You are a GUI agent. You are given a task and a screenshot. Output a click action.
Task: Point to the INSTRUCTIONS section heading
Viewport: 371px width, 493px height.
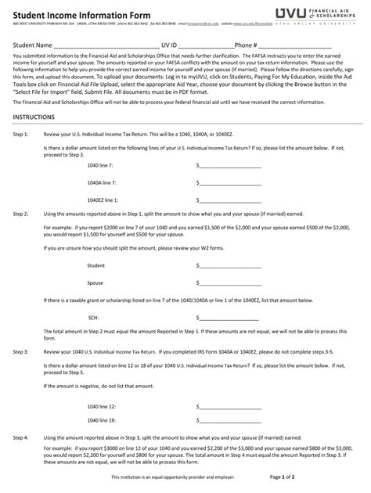(x=34, y=117)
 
